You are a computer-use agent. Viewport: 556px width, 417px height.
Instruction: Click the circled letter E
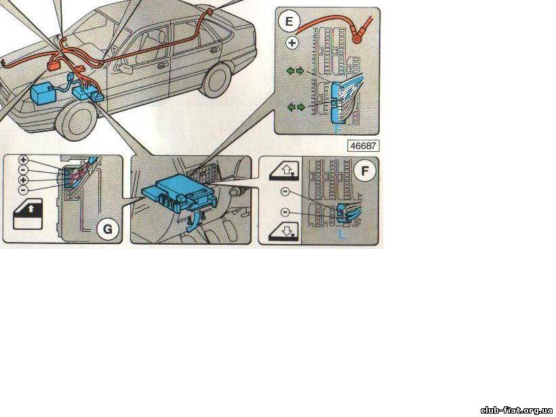(290, 22)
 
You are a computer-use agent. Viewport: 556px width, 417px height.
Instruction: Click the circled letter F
(365, 171)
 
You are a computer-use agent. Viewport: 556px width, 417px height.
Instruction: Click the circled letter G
(106, 229)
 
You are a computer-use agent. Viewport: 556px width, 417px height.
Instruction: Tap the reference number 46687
(363, 145)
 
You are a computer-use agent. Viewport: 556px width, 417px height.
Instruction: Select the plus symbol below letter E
(292, 43)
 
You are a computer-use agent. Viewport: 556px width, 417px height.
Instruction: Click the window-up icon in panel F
(284, 170)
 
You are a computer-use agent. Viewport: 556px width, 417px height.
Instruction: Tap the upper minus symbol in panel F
(285, 192)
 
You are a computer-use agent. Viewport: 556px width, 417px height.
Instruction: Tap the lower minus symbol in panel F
(285, 213)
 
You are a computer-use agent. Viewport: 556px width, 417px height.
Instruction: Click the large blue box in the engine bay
(45, 93)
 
